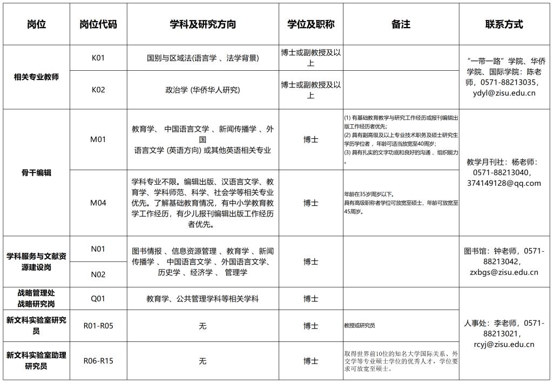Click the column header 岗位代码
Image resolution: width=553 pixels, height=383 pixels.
98,24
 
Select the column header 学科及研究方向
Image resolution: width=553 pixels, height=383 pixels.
203,24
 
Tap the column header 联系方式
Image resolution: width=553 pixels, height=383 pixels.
504,24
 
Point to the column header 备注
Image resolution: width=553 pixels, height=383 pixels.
401,24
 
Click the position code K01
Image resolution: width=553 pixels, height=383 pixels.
98,58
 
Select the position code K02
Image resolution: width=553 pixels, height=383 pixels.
98,90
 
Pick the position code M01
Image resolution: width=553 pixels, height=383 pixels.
98,139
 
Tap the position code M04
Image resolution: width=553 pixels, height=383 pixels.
98,203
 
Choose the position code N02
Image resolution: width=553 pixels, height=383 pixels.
98,274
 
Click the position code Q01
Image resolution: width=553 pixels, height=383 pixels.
98,298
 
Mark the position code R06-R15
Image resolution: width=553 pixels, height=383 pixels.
98,360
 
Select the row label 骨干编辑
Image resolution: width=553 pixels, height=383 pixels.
36,173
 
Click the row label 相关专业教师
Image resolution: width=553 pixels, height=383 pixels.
36,77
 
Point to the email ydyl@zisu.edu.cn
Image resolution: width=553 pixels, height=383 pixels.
504,93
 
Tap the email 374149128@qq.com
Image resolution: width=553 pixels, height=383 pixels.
504,183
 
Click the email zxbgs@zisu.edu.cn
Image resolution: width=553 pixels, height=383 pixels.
504,272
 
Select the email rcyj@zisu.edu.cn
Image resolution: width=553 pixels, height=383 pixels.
504,344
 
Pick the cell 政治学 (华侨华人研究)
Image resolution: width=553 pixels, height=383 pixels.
203,90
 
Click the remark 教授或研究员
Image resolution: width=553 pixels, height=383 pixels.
360,326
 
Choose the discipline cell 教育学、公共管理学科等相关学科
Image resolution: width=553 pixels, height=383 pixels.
203,298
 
